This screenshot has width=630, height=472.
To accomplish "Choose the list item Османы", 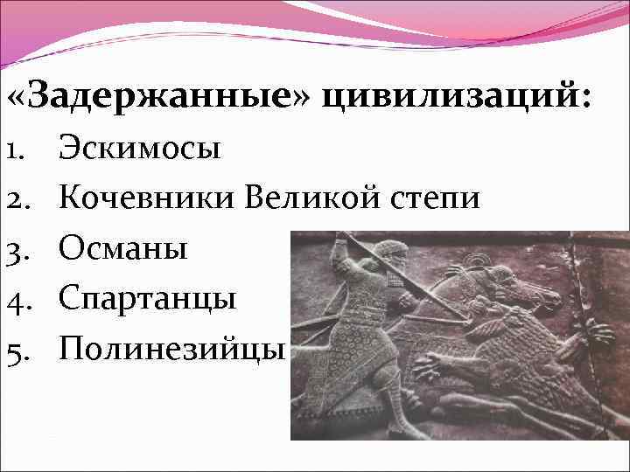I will (x=123, y=249).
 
